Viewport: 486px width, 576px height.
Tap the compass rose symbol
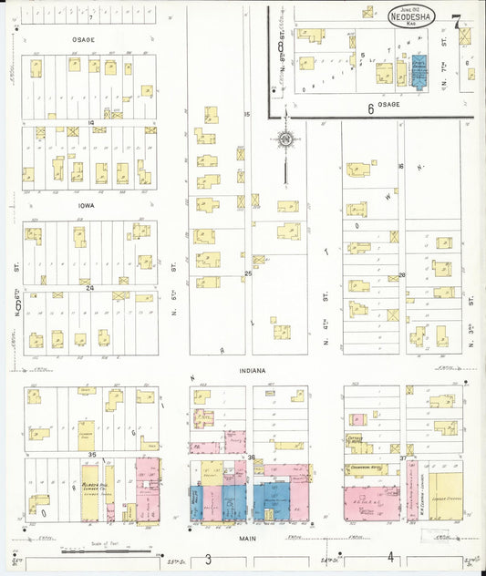[x=285, y=139]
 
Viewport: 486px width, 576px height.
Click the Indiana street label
[x=253, y=371]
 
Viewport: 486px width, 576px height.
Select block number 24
[x=90, y=288]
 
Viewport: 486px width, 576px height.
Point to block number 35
[x=92, y=453]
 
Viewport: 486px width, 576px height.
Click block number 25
[x=247, y=273]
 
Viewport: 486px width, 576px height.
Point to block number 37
[x=402, y=458]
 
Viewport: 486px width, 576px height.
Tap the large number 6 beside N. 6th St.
[x=17, y=305]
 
